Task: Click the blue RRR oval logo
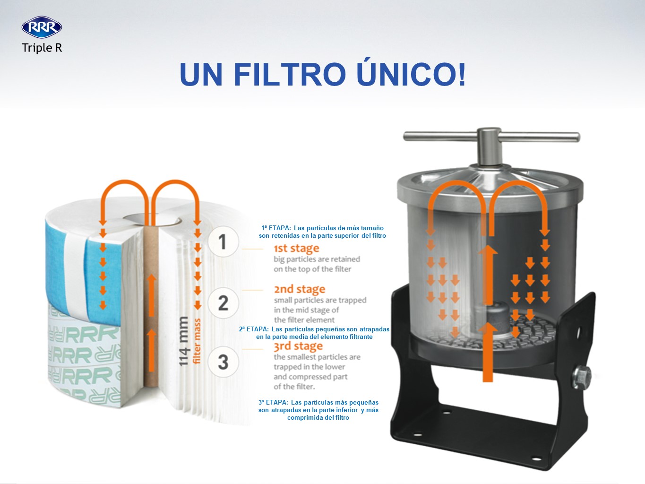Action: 42,27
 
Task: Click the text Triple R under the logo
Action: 42,48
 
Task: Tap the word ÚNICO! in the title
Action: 411,74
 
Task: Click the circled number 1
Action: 223,242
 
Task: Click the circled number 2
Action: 223,302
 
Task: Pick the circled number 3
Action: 223,362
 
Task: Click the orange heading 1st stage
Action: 296,248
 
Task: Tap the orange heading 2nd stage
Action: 299,289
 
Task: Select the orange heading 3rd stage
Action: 298,346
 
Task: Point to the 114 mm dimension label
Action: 183,340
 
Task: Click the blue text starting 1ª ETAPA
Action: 322,232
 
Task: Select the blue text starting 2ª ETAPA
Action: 314,333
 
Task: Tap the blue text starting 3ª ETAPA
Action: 318,410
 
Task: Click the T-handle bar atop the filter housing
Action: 491,137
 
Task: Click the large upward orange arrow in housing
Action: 487,350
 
